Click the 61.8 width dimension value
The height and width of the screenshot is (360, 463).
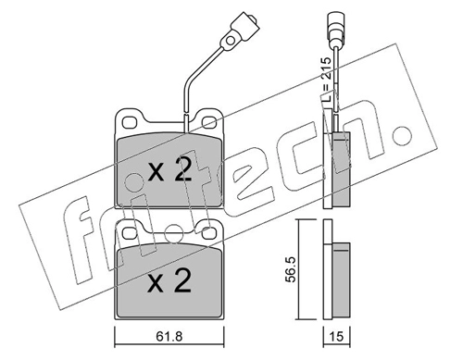[x=169, y=337]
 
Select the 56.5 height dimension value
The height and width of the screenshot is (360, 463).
[x=292, y=268]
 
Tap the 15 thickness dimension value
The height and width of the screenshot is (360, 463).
[x=337, y=337]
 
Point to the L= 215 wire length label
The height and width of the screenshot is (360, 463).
[x=326, y=80]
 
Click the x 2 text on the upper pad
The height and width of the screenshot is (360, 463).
[x=169, y=170]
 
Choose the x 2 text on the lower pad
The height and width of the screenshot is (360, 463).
[x=169, y=281]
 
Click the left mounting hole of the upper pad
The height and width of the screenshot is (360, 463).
[x=129, y=122]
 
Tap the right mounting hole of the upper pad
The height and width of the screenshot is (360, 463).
[x=210, y=122]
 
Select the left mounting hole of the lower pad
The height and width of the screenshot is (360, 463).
[x=129, y=233]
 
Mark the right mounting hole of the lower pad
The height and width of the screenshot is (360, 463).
[x=210, y=233]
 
